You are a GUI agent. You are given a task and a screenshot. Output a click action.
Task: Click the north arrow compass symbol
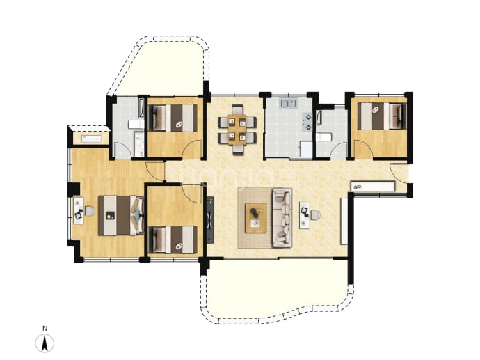coord(45,343)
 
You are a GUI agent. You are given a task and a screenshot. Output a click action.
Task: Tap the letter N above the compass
coord(45,329)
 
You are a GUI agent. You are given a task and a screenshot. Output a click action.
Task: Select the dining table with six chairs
coord(237,130)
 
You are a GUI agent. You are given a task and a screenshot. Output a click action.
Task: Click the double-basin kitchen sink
coord(289,103)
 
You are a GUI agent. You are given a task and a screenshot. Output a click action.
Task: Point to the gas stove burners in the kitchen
coord(307,121)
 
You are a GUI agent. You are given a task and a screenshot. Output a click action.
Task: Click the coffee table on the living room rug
coord(256,218)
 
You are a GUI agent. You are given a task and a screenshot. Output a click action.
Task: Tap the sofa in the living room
coord(282,217)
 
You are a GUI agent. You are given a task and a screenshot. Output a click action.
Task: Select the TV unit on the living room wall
coord(210,219)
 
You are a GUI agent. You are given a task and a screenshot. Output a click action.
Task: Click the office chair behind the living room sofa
coord(314,214)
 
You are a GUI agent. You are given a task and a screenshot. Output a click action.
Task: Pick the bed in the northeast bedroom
coord(382,116)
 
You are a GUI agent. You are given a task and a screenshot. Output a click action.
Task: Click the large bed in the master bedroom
coord(121,215)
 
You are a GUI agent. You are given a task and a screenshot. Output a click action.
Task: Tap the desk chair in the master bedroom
coord(89,211)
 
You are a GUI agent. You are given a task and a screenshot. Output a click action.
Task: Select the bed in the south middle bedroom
coord(173,240)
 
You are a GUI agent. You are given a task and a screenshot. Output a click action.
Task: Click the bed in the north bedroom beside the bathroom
coord(173,118)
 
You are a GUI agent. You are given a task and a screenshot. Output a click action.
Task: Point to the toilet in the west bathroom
coord(136,125)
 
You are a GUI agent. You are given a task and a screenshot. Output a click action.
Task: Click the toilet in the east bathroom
coord(324,137)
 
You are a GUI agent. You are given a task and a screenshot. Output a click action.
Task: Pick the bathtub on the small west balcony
coord(91,139)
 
